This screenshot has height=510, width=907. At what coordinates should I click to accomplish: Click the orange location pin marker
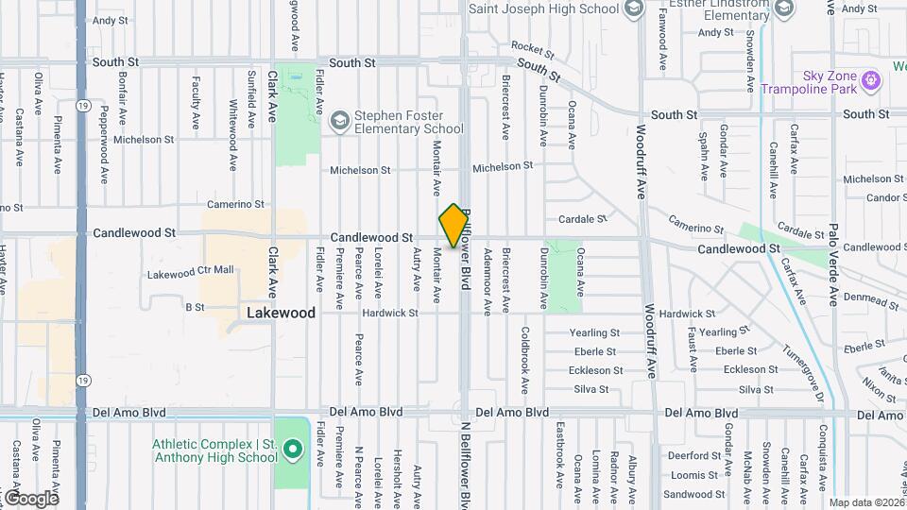click(454, 225)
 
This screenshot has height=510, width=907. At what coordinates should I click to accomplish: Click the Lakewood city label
click(282, 312)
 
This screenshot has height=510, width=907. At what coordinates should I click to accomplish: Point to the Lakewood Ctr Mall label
click(190, 271)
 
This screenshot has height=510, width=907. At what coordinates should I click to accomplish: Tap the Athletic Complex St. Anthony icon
click(293, 450)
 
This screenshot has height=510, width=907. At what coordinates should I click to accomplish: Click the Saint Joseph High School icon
click(634, 8)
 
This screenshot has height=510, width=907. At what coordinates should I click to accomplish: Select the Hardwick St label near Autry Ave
click(389, 313)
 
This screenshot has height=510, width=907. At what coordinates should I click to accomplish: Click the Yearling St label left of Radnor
click(595, 332)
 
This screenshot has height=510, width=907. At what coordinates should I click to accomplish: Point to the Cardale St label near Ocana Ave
click(582, 219)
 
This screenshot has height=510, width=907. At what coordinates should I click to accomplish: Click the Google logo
click(30, 498)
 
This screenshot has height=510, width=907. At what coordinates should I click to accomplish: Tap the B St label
click(195, 307)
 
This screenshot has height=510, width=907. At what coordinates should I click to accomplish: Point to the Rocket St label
click(531, 46)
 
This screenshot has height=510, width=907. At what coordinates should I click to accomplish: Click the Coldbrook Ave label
click(525, 361)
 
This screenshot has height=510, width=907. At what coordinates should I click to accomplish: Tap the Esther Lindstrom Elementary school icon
click(783, 8)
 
